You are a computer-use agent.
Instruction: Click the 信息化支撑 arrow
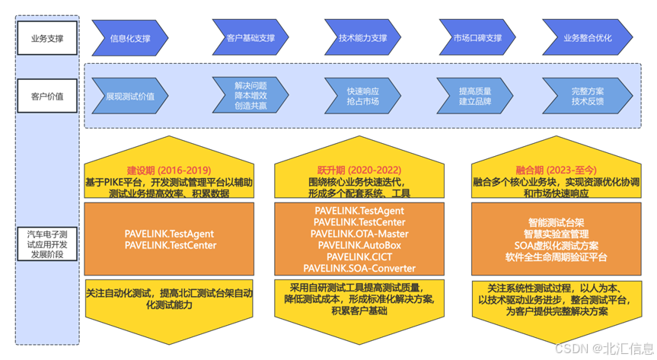tap(130, 37)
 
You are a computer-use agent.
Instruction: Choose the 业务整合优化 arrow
tap(587, 37)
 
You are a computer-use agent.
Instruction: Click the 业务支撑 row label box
tap(47, 37)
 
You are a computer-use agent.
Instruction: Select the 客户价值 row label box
tap(47, 96)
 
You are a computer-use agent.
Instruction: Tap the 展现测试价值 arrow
tap(130, 97)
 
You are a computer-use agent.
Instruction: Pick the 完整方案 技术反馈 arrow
tap(587, 97)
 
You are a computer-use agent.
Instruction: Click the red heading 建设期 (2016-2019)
tap(169, 170)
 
